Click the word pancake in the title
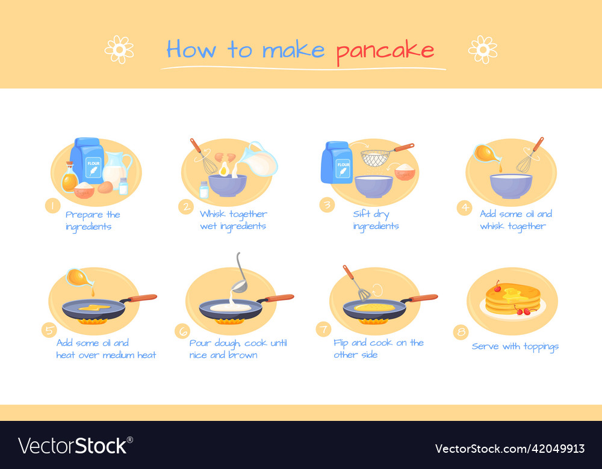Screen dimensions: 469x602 point(385,51)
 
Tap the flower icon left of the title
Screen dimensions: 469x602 point(119,49)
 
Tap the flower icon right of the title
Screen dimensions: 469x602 point(482,49)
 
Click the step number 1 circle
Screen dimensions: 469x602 point(52,206)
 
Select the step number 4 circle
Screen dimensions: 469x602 point(464,208)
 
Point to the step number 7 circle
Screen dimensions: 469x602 point(323,329)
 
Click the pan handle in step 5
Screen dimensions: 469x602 point(142,298)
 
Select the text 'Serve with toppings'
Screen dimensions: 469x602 point(515,346)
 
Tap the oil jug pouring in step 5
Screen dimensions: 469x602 point(79,277)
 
